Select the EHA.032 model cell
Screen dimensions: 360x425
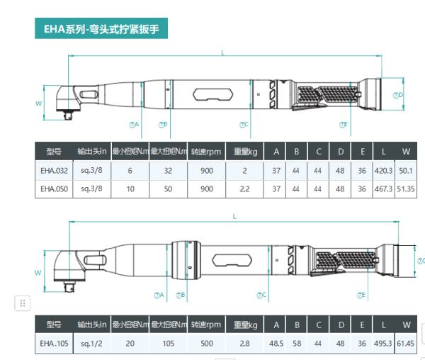pyautogui.click(x=55, y=170)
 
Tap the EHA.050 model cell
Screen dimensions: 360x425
pyautogui.click(x=55, y=189)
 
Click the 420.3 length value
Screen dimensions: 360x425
pyautogui.click(x=383, y=170)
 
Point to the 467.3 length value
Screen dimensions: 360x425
pyautogui.click(x=383, y=189)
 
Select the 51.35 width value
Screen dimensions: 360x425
pyautogui.click(x=406, y=189)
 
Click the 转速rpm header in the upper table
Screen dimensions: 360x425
pyautogui.click(x=206, y=151)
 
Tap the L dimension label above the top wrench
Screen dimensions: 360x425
pyautogui.click(x=222, y=52)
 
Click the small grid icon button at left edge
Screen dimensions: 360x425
pyautogui.click(x=23, y=303)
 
